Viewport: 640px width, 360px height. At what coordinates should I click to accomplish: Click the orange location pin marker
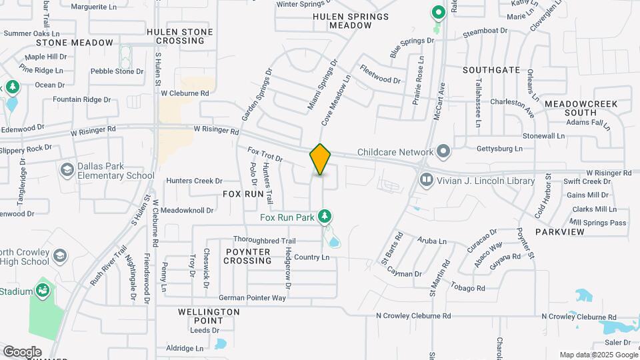click(321, 159)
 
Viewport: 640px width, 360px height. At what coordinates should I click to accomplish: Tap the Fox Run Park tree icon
click(325, 216)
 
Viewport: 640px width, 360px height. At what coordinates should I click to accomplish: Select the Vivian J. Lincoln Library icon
click(426, 179)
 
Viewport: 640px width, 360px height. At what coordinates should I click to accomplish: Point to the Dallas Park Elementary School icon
click(67, 171)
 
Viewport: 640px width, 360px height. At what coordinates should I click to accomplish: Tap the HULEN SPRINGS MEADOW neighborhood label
click(350, 21)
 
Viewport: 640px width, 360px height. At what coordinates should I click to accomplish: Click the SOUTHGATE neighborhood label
click(491, 69)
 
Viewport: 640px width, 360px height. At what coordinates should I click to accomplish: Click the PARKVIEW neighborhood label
click(561, 232)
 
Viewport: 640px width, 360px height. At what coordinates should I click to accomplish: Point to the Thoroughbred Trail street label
click(264, 240)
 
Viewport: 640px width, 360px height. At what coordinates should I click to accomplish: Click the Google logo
click(22, 352)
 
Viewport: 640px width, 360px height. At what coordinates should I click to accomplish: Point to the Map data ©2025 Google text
click(597, 355)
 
